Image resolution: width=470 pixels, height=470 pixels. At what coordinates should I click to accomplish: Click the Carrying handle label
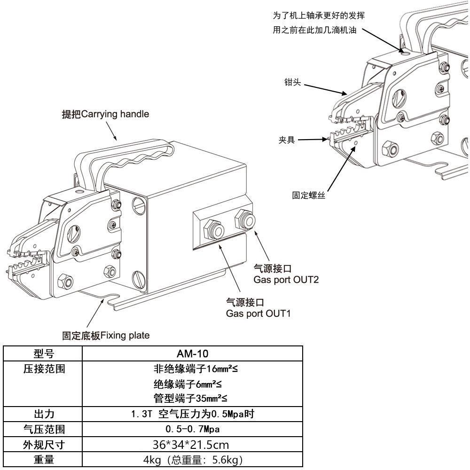106,114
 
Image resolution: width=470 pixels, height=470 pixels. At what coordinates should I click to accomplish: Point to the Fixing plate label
106,336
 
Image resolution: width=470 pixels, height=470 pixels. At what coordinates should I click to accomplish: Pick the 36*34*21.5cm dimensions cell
192,445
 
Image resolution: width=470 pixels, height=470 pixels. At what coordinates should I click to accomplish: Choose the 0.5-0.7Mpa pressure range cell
192,429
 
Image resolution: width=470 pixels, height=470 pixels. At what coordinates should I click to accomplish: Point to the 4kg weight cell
192,460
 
